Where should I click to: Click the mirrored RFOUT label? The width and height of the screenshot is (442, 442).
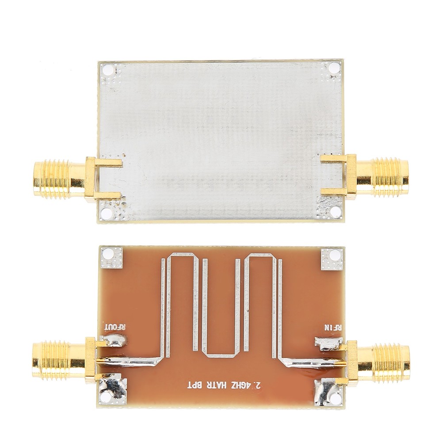(115, 328)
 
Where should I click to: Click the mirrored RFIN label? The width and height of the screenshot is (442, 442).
(333, 328)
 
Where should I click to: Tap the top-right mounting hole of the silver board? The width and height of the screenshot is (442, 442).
(334, 68)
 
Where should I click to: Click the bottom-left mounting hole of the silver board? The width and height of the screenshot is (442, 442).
(107, 213)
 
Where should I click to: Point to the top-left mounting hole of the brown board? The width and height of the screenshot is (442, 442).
(108, 255)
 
